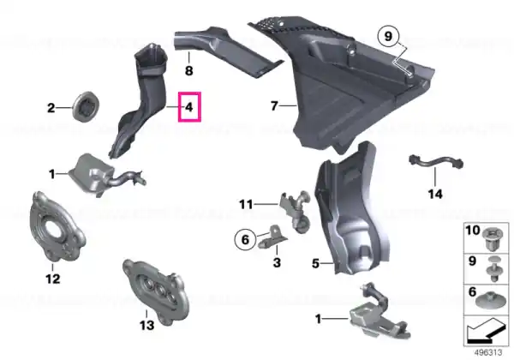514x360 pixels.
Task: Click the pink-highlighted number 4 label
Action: pos(189,107)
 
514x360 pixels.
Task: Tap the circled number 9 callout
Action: pos(388,36)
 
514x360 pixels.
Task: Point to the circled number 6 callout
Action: pos(245,239)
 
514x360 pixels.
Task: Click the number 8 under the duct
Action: pos(189,70)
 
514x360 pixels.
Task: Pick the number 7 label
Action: pos(274,105)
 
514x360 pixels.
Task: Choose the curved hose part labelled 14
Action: pos(436,162)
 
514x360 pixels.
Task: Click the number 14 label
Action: pos(435,194)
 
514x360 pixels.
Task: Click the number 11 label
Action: pos(246,205)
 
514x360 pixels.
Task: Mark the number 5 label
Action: pos(315,263)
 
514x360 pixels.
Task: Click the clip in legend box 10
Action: pos(493,239)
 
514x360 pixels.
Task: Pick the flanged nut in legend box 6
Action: pos(490,301)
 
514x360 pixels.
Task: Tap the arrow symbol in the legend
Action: pos(486,331)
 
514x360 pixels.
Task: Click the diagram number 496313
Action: pos(488,352)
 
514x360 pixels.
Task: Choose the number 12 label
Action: pos(53,279)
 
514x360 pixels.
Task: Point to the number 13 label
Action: pos(146,325)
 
